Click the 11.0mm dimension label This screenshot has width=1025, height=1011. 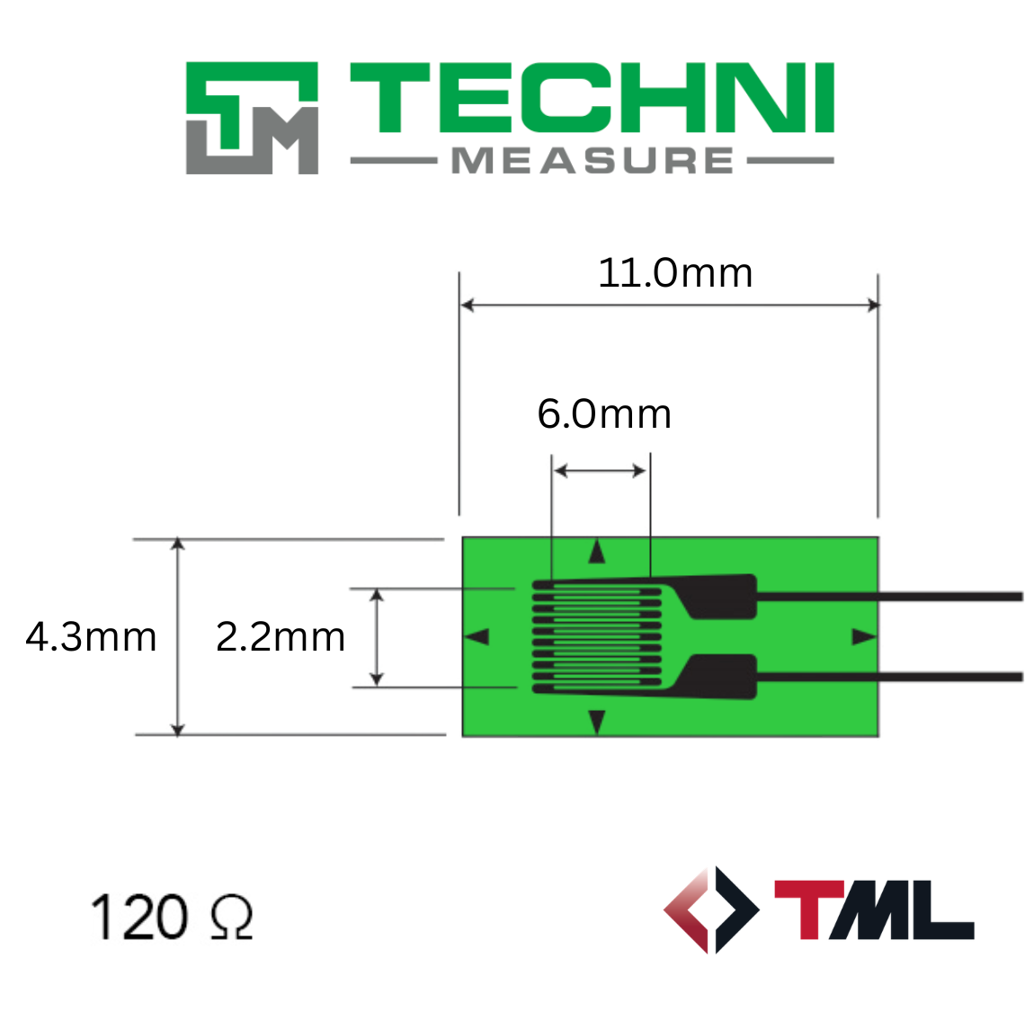pos(675,273)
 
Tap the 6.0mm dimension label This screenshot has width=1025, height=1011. pos(604,414)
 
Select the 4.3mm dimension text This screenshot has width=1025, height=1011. pos(91,637)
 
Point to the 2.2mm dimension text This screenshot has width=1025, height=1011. pos(281,637)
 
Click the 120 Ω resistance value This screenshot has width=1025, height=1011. pos(171,918)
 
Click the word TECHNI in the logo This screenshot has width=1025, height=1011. pos(593,98)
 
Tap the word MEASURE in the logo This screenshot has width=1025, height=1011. pos(593,161)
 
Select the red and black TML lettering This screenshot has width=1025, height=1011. pos(874,909)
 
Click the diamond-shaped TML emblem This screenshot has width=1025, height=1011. pos(711,909)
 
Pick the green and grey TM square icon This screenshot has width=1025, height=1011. pos(253,118)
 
